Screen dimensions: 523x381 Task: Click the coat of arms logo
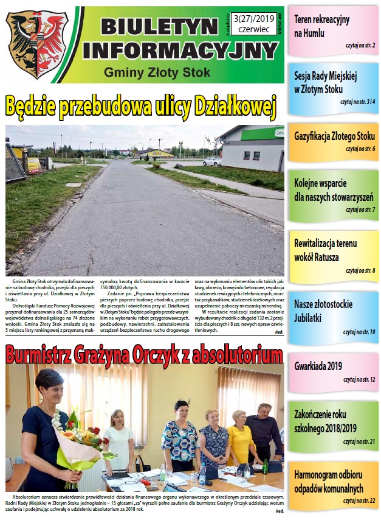pos(37,44)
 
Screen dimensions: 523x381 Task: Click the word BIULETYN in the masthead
pos(159,26)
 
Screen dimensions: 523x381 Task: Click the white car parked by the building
pos(212,161)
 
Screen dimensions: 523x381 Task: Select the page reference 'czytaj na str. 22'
pos(359,500)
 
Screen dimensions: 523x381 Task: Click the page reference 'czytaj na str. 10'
pos(359,332)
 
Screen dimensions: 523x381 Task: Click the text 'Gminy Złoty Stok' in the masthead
pos(157,72)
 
